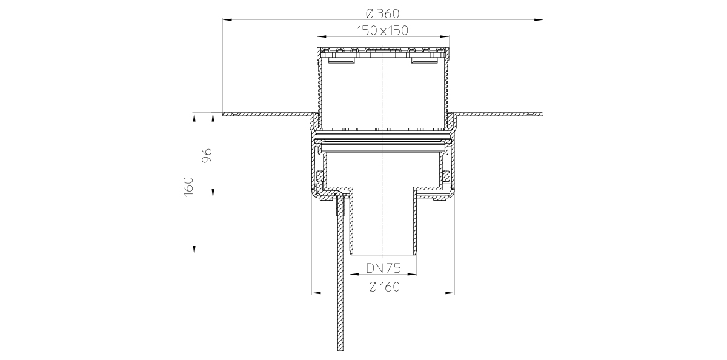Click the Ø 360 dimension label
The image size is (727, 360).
pyautogui.click(x=383, y=13)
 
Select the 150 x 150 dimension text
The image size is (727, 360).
pyautogui.click(x=383, y=30)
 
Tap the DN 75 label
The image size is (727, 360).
pyautogui.click(x=383, y=268)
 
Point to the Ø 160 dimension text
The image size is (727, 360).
pyautogui.click(x=385, y=287)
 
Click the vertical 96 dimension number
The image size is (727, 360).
pyautogui.click(x=207, y=156)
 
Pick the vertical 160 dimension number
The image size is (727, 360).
pyautogui.click(x=188, y=186)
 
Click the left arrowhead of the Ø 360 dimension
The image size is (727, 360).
pyautogui.click(x=227, y=20)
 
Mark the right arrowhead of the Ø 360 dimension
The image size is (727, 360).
pyautogui.click(x=539, y=20)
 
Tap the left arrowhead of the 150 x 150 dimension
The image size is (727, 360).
pyautogui.click(x=321, y=37)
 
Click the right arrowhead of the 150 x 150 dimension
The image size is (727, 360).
pyautogui.click(x=445, y=37)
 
